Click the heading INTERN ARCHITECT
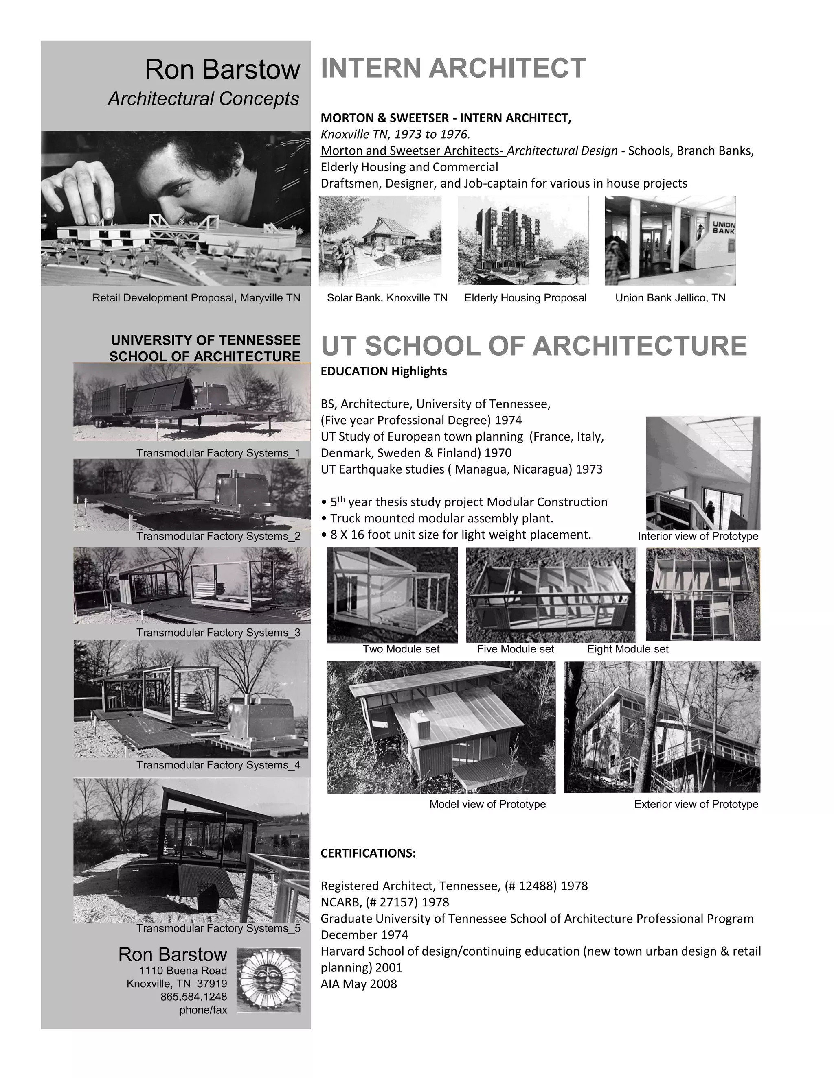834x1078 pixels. coord(453,68)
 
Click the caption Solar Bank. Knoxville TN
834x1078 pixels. coord(387,298)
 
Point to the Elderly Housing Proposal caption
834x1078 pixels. coord(525,298)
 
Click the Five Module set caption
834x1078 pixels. coord(515,649)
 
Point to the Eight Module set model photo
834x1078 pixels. coord(702,594)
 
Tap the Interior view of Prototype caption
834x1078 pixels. coord(698,536)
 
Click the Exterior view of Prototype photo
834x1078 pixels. coord(662,727)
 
